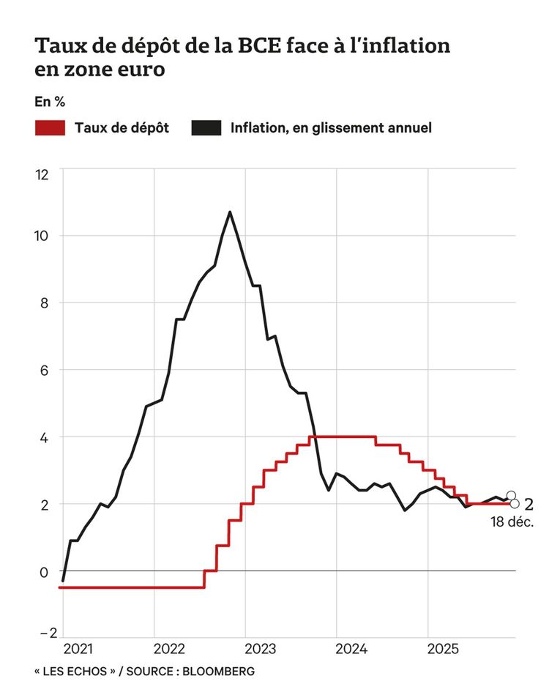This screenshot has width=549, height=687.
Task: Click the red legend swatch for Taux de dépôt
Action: [x=51, y=128]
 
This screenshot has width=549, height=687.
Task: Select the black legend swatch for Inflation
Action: [x=206, y=128]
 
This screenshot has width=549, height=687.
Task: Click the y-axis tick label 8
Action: [x=44, y=302]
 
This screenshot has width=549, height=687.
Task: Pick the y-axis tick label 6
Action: [x=44, y=370]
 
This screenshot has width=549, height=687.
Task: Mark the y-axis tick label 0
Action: [x=44, y=571]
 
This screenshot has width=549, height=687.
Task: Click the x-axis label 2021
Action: [x=78, y=649]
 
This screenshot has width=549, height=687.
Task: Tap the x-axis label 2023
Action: [x=260, y=649]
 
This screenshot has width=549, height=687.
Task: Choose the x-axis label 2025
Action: [x=442, y=649]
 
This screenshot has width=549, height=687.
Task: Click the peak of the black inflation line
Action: [x=230, y=212]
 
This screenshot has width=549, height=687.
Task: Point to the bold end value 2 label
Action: [x=529, y=505]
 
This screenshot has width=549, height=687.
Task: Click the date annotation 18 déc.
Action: [x=512, y=523]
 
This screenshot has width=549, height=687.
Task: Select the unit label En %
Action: [x=50, y=102]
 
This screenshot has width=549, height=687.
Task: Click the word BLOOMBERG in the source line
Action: [x=219, y=671]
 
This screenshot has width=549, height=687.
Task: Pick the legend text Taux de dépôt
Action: [x=122, y=128]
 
